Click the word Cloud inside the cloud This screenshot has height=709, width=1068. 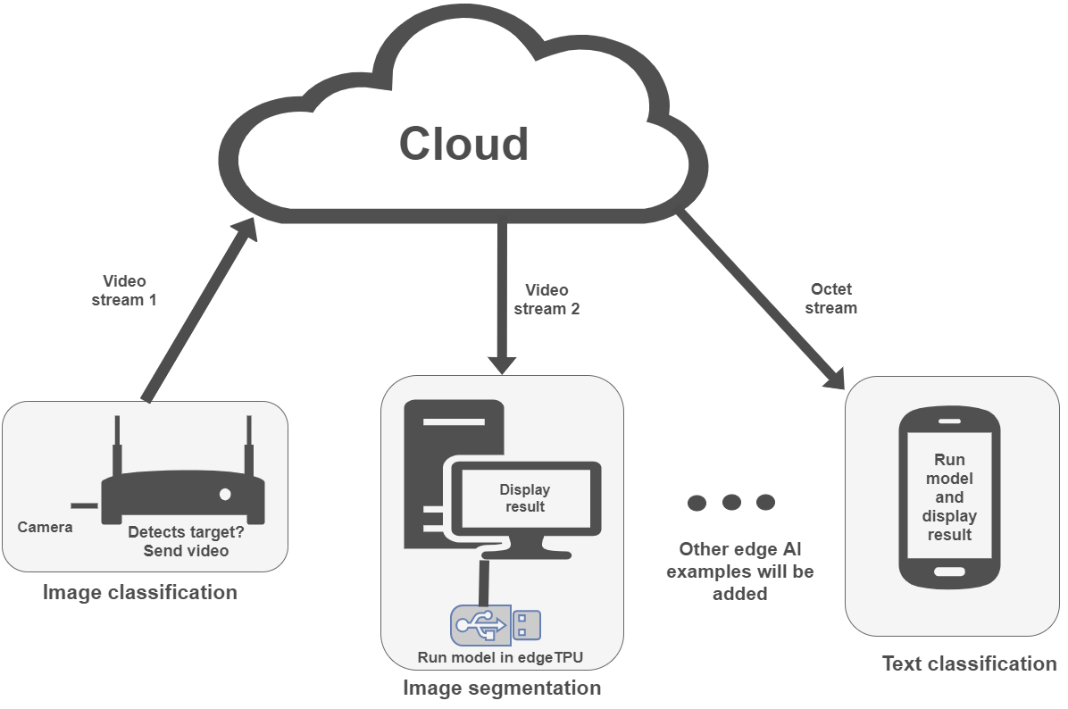click(463, 145)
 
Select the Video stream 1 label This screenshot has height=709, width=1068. click(124, 291)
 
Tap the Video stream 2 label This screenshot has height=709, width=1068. click(547, 299)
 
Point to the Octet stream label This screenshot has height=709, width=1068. click(830, 299)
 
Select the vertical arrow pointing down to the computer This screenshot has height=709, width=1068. click(502, 295)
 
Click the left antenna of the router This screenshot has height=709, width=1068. click(116, 446)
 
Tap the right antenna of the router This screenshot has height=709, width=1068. click(249, 446)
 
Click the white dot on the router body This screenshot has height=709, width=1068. click(225, 494)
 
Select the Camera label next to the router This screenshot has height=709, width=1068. click(45, 528)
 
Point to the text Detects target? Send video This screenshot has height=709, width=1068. click(186, 542)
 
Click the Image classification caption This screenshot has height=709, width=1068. click(140, 592)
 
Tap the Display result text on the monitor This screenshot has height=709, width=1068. click(524, 498)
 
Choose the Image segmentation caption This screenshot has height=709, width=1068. click(502, 688)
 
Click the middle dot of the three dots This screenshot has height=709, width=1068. click(731, 502)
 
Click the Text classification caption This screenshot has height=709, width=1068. click(969, 663)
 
